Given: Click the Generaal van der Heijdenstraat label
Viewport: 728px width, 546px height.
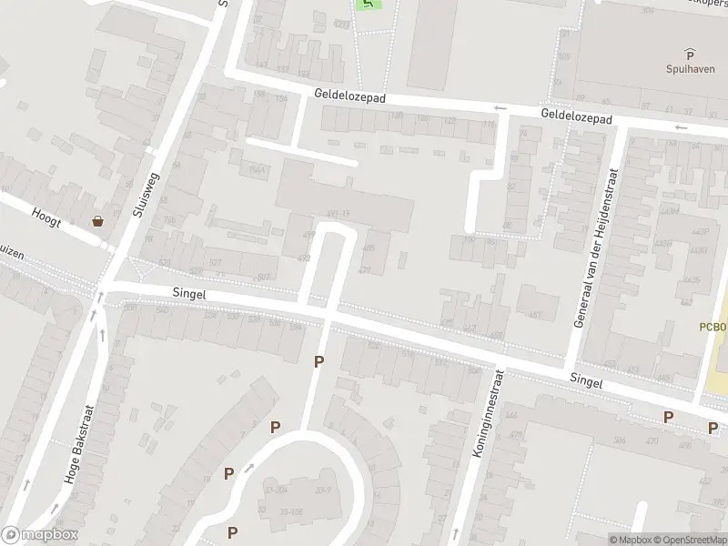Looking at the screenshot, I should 595,248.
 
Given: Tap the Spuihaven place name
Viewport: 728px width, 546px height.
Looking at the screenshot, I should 690,68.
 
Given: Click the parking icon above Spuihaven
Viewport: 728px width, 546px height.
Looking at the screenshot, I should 690,54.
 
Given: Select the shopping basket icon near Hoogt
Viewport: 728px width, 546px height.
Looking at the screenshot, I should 97,221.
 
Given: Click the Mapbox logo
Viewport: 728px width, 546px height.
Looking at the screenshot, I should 39,535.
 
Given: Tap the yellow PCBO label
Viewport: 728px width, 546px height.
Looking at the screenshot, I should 713,326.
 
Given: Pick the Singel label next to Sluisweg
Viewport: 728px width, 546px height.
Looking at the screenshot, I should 190,294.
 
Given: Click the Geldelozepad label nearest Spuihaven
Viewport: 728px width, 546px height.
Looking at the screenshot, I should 576,116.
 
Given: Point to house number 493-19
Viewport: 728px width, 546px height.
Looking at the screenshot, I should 338,214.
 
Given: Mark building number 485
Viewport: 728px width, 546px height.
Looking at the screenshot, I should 369,248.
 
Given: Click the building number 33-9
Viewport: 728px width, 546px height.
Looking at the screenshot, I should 323,490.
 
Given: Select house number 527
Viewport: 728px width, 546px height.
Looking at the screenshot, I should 215,263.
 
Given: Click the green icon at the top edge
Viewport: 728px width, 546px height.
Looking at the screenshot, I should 369,4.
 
